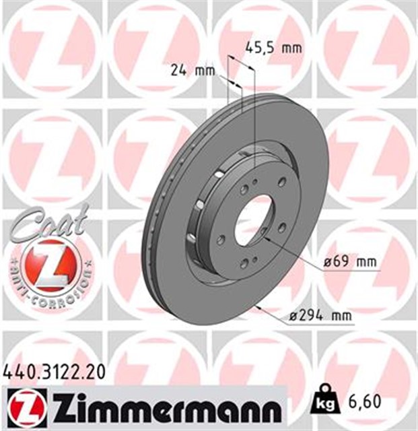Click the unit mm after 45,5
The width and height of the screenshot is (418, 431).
click(x=291, y=48)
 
